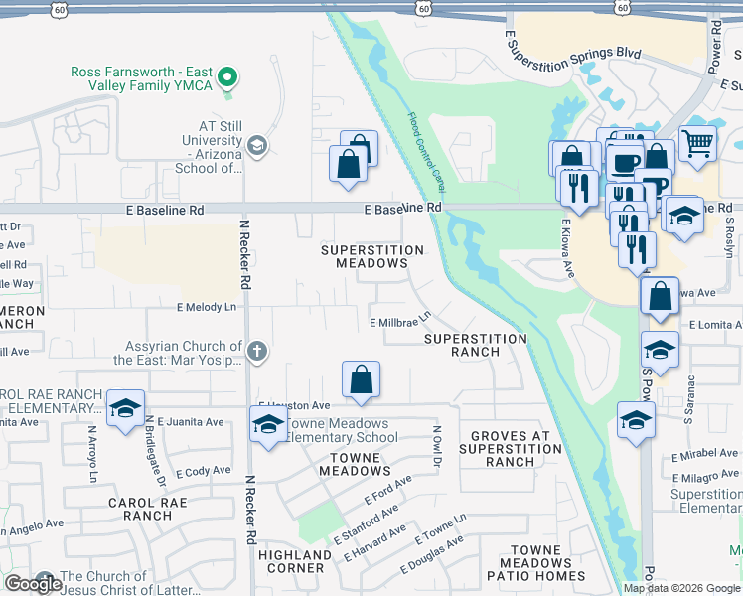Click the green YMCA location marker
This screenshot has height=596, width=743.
click(228, 75)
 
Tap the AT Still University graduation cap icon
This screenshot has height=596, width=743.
click(257, 147)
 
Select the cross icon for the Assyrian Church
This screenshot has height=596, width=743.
click(257, 350)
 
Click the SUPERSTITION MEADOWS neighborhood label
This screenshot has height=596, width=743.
click(365, 257)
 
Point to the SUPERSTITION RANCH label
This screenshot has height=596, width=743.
click(475, 345)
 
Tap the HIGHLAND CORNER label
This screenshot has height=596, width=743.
click(295, 561)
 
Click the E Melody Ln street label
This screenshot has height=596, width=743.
click(207, 308)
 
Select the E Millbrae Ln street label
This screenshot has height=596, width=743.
click(400, 321)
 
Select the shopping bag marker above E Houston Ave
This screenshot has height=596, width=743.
click(362, 379)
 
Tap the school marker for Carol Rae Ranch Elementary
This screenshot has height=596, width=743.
click(126, 408)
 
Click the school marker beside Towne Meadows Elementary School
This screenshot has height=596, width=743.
click(267, 424)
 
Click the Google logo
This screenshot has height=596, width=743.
click(33, 584)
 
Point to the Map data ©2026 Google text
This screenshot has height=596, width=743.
click(680, 588)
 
